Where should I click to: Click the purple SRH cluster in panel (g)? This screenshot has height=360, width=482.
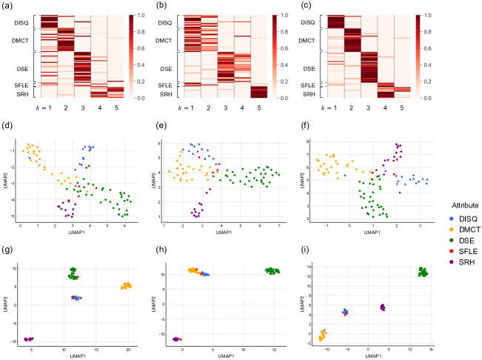(30, 339)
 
